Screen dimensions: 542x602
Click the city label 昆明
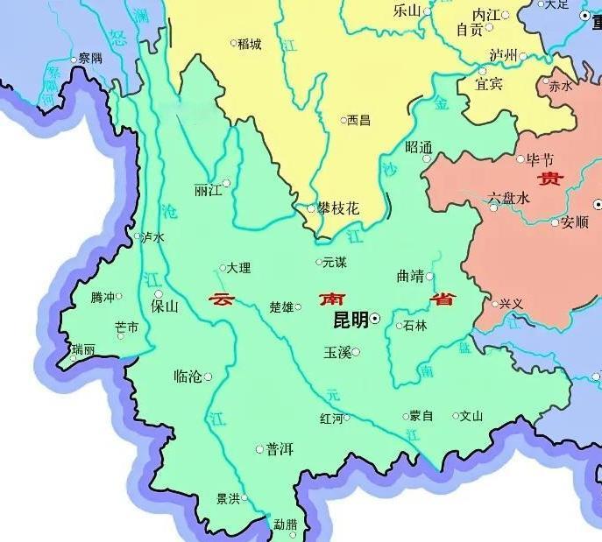[x=351, y=320]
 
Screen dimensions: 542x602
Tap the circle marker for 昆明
[x=375, y=320]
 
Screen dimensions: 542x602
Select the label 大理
[x=238, y=268]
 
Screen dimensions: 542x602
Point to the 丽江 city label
[x=207, y=190]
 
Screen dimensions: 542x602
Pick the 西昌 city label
[x=359, y=120]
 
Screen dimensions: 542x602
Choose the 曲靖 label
[x=409, y=276]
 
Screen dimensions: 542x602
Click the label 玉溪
[x=337, y=352]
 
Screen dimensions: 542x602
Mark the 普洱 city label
[x=280, y=449]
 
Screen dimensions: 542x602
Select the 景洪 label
[x=228, y=499]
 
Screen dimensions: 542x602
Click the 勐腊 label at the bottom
[x=285, y=524]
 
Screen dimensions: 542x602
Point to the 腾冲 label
[x=103, y=298]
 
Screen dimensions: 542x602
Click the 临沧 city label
[x=188, y=377]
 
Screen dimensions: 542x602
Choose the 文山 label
[x=471, y=416]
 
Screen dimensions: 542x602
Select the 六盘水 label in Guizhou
[x=509, y=199]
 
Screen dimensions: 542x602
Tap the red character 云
[x=222, y=299]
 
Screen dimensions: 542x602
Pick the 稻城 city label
[x=249, y=44]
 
